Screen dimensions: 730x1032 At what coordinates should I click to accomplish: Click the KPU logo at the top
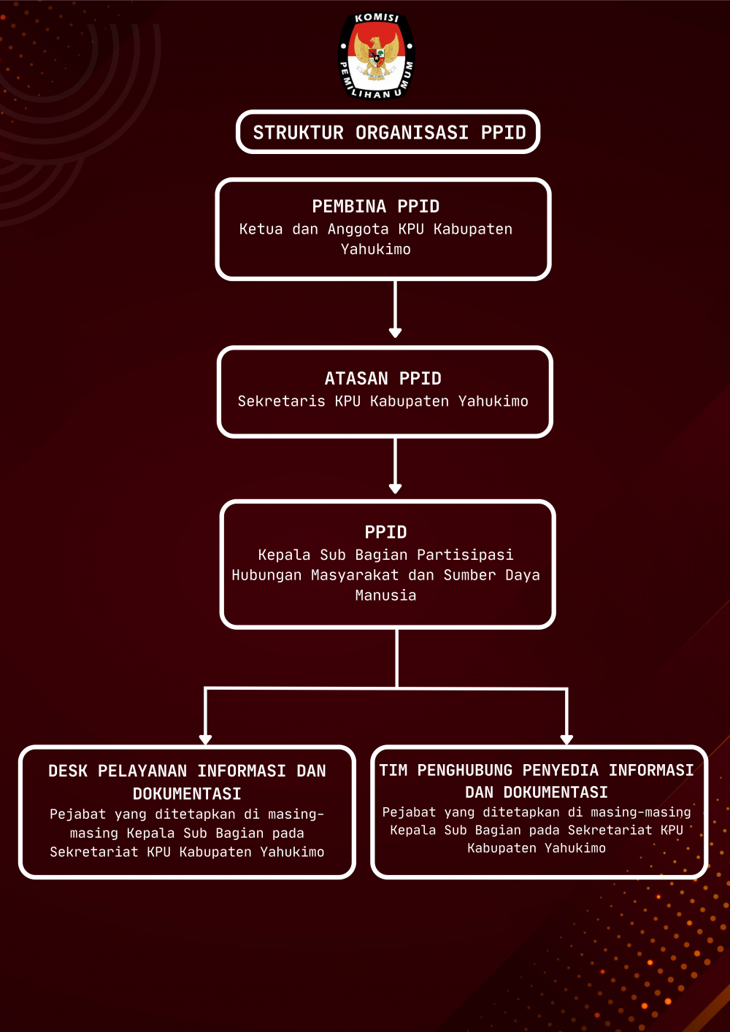click(377, 55)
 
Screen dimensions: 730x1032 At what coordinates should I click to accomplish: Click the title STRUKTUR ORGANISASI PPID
click(389, 133)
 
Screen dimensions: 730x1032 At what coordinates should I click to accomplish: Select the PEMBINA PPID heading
click(376, 207)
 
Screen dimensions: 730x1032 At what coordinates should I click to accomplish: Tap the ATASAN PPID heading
click(383, 378)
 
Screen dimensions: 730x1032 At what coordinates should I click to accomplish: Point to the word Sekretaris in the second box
click(281, 401)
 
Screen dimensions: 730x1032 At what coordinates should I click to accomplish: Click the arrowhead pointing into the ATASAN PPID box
click(395, 333)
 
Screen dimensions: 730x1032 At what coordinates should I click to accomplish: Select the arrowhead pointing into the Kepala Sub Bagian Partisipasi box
click(395, 488)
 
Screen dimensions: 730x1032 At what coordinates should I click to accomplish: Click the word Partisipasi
click(465, 555)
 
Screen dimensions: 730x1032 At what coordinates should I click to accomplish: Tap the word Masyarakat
click(354, 575)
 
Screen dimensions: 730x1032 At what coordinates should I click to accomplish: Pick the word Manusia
click(385, 596)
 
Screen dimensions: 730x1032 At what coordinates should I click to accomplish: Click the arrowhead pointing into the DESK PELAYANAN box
click(205, 739)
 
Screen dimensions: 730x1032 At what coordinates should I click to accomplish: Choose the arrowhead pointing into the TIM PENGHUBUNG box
click(566, 739)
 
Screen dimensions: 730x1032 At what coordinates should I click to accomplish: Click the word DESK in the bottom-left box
click(68, 771)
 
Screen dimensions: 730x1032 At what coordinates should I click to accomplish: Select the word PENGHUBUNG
click(464, 770)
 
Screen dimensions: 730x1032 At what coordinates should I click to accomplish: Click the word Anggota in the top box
click(358, 229)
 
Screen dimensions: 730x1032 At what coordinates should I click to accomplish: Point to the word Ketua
click(261, 229)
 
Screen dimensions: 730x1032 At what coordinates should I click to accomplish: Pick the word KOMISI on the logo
click(377, 18)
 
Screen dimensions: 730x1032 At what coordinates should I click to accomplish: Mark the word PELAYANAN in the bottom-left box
click(142, 771)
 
